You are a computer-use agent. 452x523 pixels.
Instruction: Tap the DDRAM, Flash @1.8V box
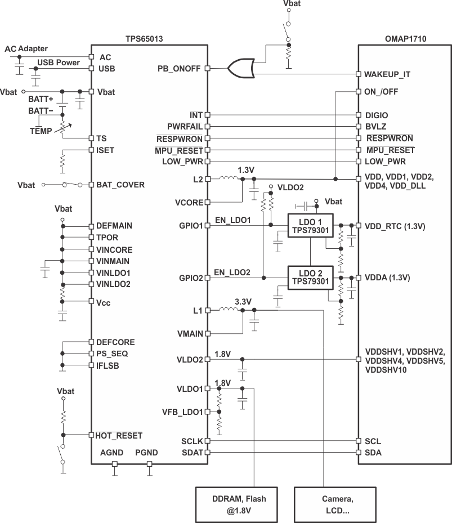238,504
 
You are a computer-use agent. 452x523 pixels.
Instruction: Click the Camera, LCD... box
338,504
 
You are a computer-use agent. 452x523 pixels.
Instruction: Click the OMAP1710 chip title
404,39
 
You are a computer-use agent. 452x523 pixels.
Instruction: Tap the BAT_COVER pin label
120,185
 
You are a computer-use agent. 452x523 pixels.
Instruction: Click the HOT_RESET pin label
119,435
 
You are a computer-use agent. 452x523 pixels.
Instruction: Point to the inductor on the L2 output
229,178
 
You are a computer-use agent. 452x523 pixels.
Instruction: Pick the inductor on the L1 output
229,310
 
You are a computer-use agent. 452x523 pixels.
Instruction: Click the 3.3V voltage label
243,301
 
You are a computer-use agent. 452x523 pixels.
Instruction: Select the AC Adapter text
26,49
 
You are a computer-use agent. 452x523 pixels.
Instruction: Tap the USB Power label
59,62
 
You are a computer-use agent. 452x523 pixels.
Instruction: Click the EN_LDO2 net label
232,272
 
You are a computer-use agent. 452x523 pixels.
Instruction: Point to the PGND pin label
146,452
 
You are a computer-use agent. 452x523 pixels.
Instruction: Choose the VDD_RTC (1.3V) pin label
395,226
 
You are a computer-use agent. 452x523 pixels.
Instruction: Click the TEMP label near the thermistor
40,131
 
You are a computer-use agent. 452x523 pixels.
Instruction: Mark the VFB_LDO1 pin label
182,412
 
